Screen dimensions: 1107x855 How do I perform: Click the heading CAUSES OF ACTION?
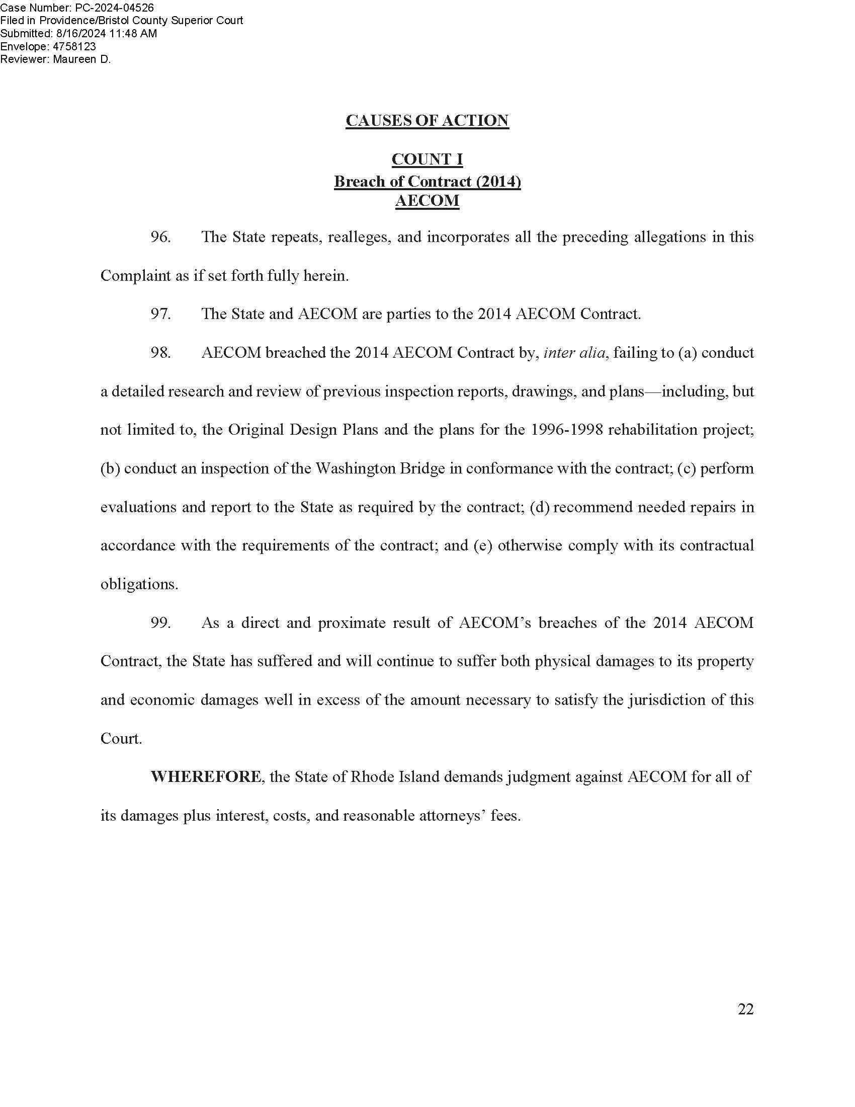point(427,121)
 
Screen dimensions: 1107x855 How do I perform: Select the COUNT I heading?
point(427,160)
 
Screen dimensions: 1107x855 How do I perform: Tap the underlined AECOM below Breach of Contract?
point(427,201)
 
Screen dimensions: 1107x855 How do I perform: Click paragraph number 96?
point(160,237)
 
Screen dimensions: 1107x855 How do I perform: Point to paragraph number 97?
point(160,314)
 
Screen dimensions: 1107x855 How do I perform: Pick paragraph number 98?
point(160,353)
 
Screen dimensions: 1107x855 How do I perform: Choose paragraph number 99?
point(160,623)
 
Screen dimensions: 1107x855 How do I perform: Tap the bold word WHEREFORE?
point(206,777)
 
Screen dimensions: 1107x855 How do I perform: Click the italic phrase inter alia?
point(574,353)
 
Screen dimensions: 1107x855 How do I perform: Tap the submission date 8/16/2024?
point(80,33)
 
